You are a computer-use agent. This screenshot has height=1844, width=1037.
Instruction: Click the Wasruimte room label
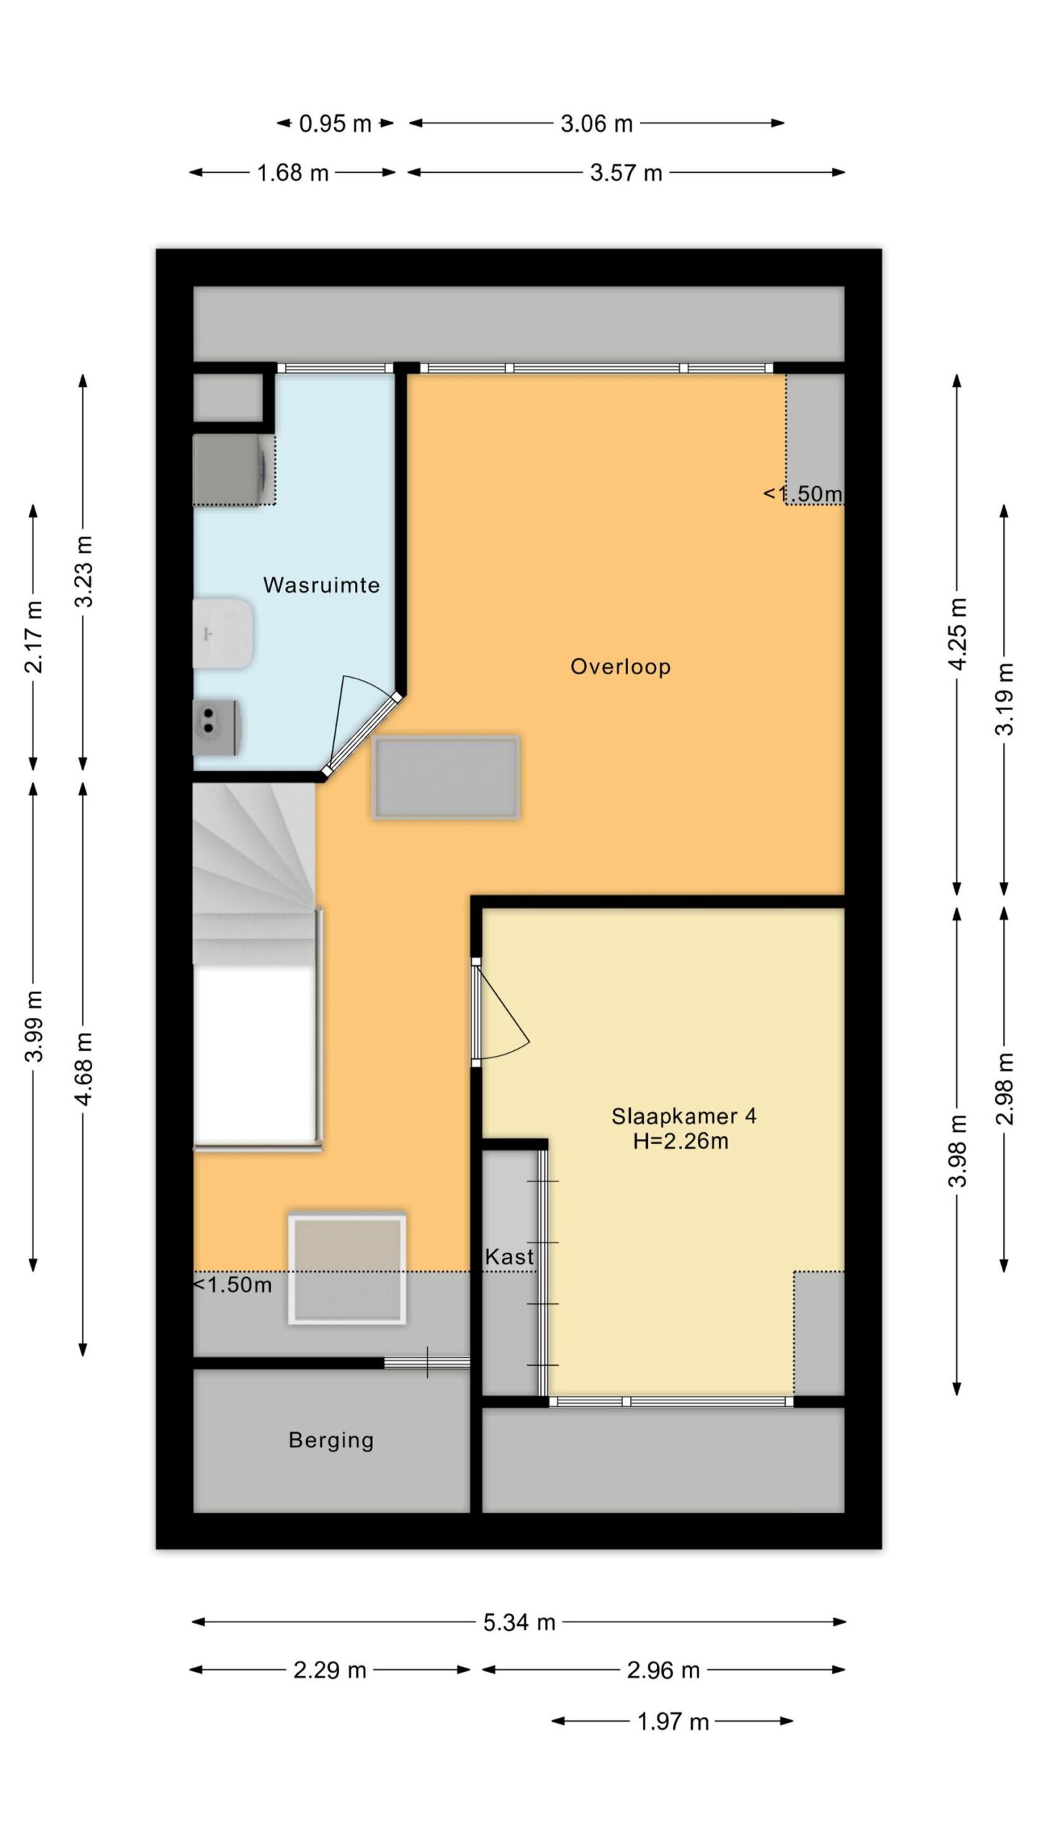(x=321, y=585)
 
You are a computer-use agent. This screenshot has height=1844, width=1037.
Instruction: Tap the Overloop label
(x=621, y=667)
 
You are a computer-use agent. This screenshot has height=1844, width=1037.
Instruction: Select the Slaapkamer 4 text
(x=684, y=1116)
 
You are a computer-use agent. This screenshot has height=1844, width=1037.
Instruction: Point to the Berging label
(x=331, y=1440)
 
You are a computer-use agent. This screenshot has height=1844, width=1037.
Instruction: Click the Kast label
(x=510, y=1257)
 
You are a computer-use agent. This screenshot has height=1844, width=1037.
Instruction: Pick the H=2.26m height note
(x=681, y=1141)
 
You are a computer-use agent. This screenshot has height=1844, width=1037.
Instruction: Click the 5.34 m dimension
(x=519, y=1622)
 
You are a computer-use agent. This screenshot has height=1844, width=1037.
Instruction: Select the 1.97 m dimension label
(x=673, y=1722)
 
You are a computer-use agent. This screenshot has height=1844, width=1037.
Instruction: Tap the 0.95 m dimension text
(x=335, y=124)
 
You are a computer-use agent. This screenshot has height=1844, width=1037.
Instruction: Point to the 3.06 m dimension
(x=597, y=124)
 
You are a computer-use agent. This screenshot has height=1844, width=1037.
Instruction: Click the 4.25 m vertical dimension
(x=957, y=634)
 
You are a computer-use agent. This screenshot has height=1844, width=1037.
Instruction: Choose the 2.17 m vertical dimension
(x=33, y=637)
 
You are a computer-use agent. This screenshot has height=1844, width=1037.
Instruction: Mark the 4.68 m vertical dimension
(x=84, y=1069)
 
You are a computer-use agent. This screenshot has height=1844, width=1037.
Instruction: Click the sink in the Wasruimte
(x=223, y=633)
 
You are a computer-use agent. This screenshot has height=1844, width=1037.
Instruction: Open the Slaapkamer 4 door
(x=502, y=1011)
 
